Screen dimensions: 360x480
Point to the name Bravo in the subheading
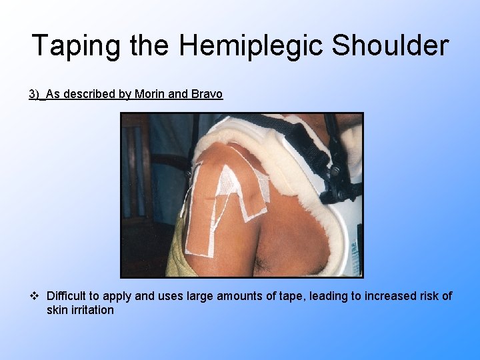[206, 94]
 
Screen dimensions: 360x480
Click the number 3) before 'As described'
[34, 94]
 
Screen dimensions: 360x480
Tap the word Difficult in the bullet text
[67, 296]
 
